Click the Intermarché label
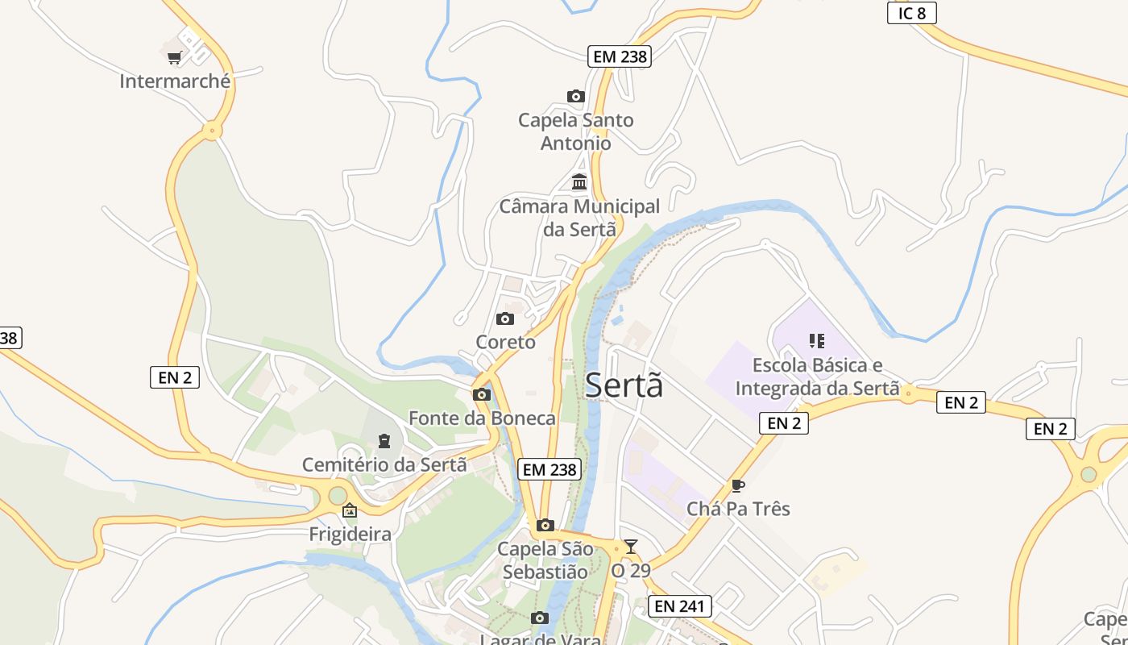175,81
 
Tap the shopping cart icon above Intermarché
174,57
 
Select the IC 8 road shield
911,13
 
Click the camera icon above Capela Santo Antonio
575,97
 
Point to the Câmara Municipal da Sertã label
579,218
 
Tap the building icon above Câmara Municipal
579,182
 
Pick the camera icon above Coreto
505,319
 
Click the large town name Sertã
624,385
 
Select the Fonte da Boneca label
482,418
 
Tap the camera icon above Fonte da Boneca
482,394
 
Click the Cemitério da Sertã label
384,465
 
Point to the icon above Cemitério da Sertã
384,441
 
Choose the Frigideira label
350,535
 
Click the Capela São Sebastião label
545,560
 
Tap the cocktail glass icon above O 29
630,547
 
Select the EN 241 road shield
680,606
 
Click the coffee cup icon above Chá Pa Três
737,485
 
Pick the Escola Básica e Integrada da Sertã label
817,377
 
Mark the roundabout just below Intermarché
212,129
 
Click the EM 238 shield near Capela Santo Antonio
620,56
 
